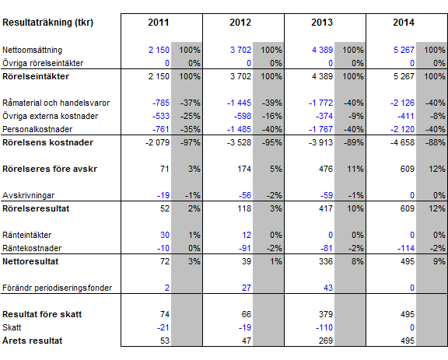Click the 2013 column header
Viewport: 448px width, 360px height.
click(x=322, y=23)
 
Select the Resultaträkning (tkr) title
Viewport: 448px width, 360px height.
click(x=47, y=23)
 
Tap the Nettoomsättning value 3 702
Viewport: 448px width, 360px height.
click(x=240, y=50)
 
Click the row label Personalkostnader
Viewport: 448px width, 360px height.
click(x=37, y=129)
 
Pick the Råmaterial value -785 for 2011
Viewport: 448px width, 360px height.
click(x=161, y=103)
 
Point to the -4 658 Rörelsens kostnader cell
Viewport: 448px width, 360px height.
click(x=402, y=142)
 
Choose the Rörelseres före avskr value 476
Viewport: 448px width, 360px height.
click(x=326, y=169)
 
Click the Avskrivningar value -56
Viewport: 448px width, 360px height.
click(x=245, y=195)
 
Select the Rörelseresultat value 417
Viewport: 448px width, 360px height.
click(x=326, y=208)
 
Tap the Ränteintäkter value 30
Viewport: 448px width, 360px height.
click(x=165, y=235)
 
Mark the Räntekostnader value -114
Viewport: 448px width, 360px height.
click(x=406, y=248)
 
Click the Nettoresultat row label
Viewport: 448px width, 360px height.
click(x=30, y=261)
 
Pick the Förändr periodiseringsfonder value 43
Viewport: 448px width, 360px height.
click(x=328, y=288)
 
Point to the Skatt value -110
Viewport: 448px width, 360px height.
click(x=324, y=327)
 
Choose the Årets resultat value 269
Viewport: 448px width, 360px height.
click(x=326, y=341)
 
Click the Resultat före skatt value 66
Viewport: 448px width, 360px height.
click(x=247, y=314)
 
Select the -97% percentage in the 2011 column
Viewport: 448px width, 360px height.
click(x=190, y=142)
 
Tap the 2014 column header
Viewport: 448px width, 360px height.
click(x=404, y=23)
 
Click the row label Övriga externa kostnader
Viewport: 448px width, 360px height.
click(x=50, y=116)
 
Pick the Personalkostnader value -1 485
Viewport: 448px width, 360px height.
click(x=239, y=129)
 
